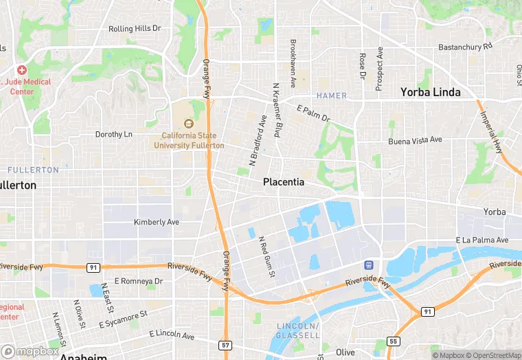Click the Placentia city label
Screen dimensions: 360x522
coord(284,183)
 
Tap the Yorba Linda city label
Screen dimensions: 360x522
coord(431,92)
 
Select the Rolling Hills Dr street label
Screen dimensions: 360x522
coord(135,29)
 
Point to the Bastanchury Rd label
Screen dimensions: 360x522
coord(466,47)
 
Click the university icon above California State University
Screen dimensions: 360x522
coord(189,124)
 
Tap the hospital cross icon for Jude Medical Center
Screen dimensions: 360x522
coord(22,70)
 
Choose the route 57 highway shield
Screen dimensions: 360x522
coord(226,344)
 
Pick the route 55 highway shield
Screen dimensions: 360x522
coord(393,341)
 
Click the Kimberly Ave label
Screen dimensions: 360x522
coord(156,223)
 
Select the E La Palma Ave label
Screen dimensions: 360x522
coord(482,240)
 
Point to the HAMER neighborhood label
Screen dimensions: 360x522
coord(332,95)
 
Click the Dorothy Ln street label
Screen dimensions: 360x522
coord(113,134)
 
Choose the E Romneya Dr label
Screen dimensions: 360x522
coord(138,281)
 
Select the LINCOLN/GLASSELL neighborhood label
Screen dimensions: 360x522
coord(299,330)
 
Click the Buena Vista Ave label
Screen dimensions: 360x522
coord(415,140)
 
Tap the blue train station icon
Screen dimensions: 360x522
coord(369,265)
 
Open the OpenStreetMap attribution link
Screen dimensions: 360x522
coord(492,355)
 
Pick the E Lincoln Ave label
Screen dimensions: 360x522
coord(172,335)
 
